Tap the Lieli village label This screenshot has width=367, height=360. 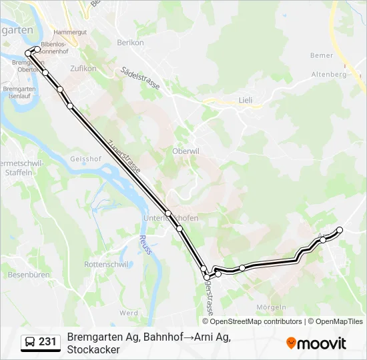(246, 101)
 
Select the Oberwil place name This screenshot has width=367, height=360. (186, 150)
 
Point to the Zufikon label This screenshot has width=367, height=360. (83, 68)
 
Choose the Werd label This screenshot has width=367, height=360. (129, 312)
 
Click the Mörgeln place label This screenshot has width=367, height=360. (272, 307)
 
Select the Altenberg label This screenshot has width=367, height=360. (329, 75)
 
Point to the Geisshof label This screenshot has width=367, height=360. (85, 159)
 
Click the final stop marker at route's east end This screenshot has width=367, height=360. (340, 230)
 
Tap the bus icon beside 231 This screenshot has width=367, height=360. (30, 343)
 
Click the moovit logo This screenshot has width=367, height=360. (316, 343)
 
